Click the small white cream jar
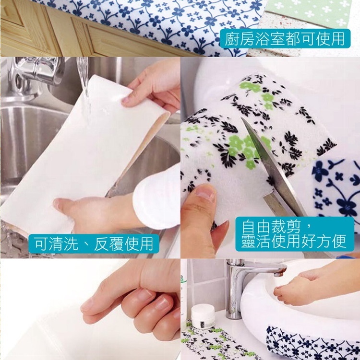(x=204, y=317)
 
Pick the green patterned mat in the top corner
(x=312, y=12)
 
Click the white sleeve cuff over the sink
(x=156, y=197)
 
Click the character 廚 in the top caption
(x=232, y=38)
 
